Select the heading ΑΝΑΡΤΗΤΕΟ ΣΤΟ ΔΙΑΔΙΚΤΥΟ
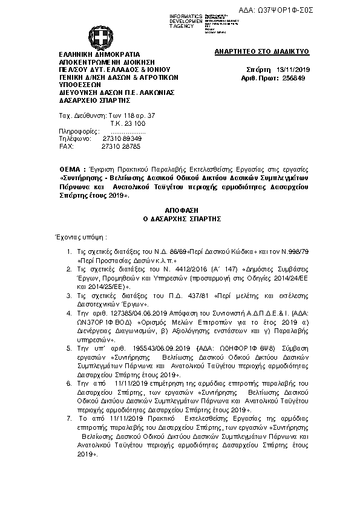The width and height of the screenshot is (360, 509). (262, 53)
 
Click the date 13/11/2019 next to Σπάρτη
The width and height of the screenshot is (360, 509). (292, 70)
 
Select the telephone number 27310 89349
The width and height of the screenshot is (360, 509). (122, 138)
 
